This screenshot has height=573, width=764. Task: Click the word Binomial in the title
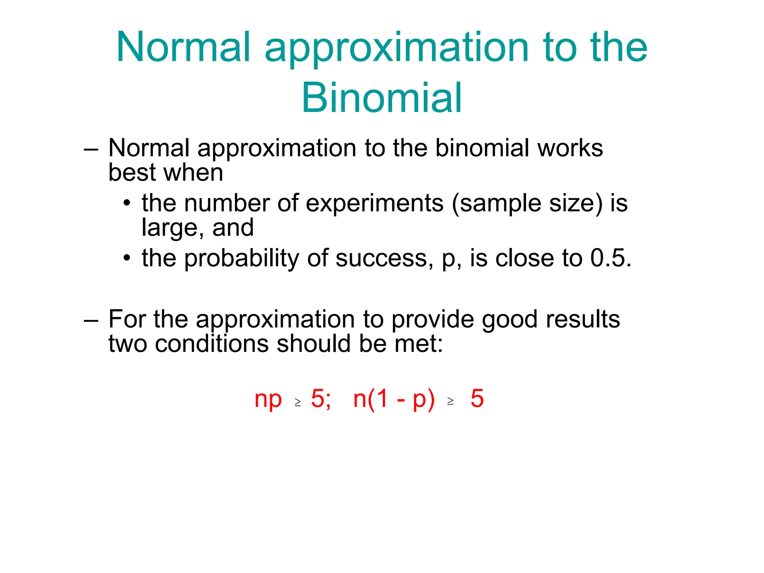(x=382, y=98)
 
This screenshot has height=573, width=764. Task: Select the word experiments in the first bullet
(x=375, y=204)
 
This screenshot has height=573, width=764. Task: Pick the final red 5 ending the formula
(x=477, y=399)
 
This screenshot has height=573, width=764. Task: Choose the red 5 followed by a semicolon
(x=318, y=399)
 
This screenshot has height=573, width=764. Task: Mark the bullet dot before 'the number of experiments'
(x=127, y=204)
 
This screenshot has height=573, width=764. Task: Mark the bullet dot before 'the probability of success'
(x=127, y=258)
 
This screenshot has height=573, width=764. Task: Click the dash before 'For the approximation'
(x=91, y=320)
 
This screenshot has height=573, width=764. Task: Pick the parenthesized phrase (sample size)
(x=527, y=204)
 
